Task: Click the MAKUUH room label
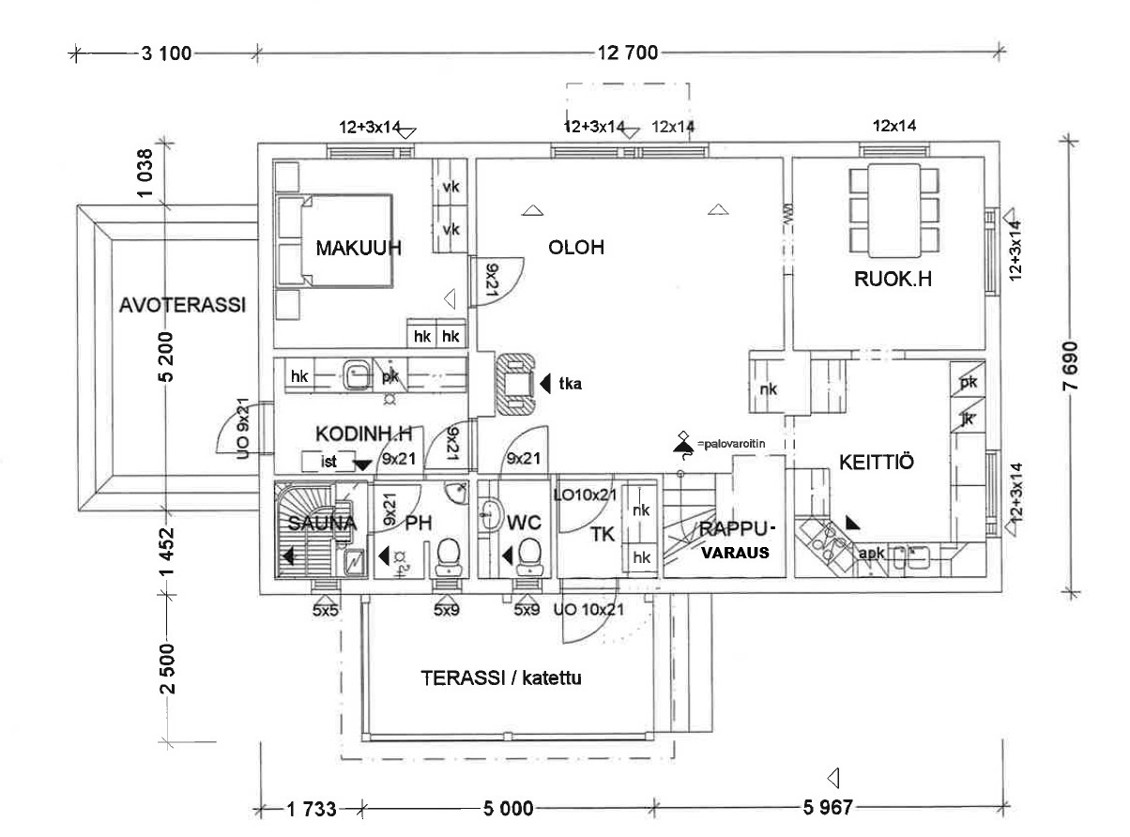coord(358,249)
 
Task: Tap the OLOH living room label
coord(576,248)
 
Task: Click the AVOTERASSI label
coord(182,305)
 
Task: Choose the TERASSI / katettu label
coord(501,677)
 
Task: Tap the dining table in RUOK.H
coord(893,212)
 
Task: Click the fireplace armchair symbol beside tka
coord(514,384)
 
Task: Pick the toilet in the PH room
coord(450,554)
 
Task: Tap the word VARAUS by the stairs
coord(737,554)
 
